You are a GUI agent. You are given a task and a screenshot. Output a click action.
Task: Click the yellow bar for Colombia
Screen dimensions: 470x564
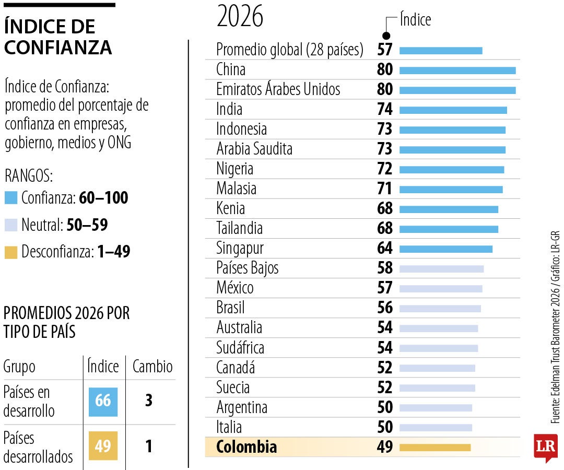435,448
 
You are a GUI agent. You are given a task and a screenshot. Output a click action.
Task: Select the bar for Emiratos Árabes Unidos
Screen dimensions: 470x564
457,90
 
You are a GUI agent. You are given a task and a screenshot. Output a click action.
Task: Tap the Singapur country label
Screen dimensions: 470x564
240,248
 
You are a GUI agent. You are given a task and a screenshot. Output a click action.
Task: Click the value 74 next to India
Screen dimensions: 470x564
385,109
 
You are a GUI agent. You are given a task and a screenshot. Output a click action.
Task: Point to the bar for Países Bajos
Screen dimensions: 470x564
441,268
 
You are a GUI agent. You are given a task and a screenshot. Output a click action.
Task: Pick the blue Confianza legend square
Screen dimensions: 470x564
10,198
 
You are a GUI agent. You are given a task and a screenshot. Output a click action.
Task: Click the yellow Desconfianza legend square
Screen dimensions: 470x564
10,253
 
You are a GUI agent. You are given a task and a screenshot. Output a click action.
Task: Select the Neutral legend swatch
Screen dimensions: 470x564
10,226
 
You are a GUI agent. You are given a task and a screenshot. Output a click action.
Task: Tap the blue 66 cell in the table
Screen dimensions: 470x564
103,401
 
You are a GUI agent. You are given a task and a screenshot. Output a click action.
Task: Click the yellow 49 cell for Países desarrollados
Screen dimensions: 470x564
103,446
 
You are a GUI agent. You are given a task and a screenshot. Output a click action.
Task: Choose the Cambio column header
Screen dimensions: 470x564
152,367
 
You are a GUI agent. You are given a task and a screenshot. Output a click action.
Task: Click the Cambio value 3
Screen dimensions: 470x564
149,401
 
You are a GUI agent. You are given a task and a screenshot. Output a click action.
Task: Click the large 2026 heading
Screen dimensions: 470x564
240,17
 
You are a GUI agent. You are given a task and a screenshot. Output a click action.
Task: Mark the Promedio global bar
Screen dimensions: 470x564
441,51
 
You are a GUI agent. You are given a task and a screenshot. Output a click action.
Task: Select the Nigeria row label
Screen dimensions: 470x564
234,169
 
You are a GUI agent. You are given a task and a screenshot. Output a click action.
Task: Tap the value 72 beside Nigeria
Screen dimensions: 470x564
385,169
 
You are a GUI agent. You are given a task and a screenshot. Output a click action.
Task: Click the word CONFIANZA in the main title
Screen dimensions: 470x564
58,48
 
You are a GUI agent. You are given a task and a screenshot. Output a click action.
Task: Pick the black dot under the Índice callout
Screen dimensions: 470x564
386,36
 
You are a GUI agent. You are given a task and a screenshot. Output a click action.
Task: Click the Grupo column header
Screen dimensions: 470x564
19,367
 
